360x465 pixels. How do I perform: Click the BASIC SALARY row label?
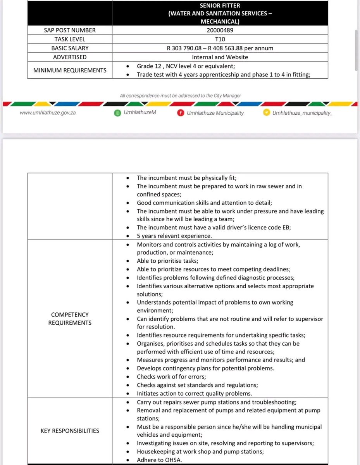[70, 48]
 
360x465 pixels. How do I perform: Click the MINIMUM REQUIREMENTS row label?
[70, 70]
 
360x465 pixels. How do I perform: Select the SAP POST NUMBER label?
[70, 30]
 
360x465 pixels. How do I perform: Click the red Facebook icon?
[180, 113]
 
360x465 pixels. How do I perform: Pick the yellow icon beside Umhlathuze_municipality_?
[266, 113]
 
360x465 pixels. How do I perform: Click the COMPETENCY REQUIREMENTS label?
[70, 319]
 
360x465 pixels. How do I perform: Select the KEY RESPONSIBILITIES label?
[70, 431]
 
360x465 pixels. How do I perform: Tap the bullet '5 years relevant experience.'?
[174, 236]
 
